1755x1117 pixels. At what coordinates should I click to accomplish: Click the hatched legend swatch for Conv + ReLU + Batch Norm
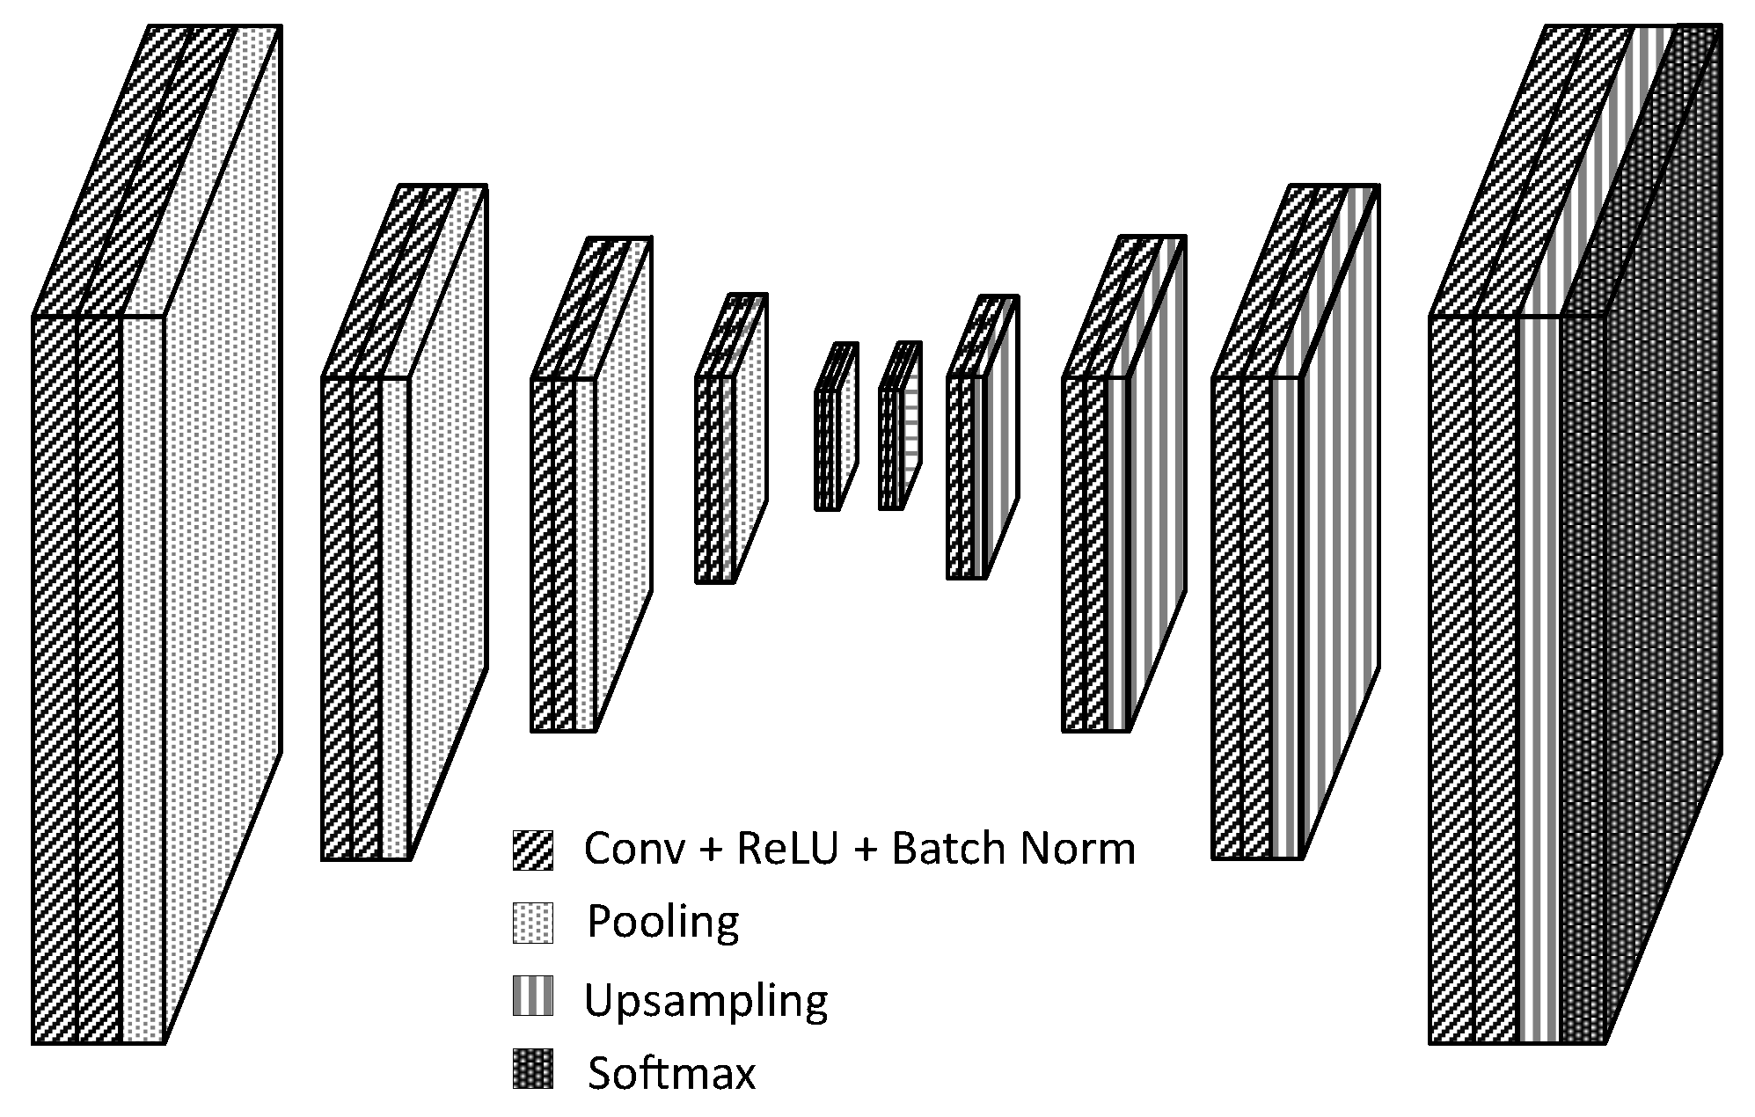coord(533,850)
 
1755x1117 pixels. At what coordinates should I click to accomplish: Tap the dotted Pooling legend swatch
coord(533,923)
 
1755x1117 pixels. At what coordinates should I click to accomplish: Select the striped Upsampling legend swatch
coord(533,996)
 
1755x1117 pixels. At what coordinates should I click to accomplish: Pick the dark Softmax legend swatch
coord(533,1069)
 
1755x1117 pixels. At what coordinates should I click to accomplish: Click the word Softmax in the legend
coord(671,1073)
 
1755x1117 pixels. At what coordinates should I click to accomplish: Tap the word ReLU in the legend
coord(787,849)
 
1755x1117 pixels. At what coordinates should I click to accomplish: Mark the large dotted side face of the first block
coord(223,528)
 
